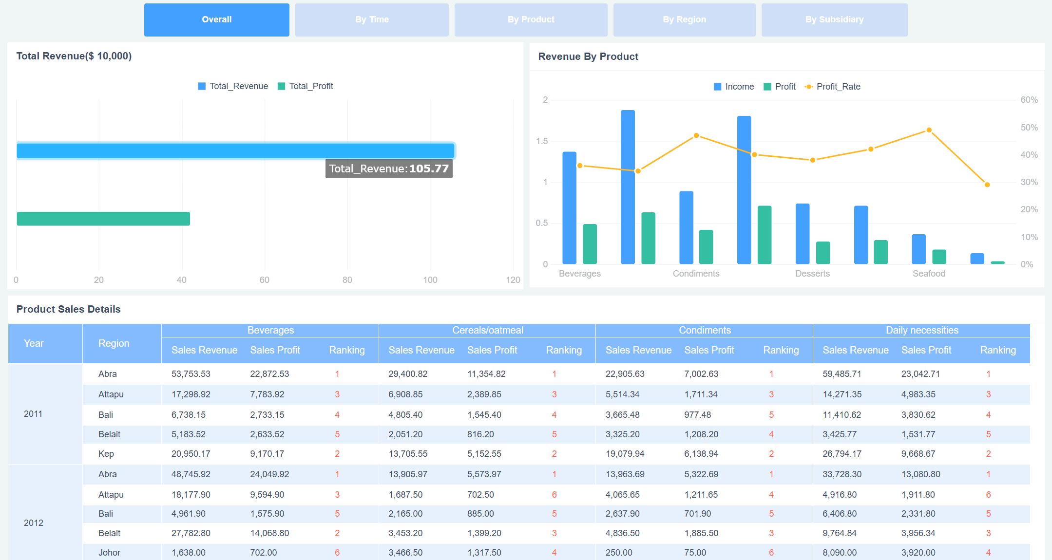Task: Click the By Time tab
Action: click(x=372, y=20)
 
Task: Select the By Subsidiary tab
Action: click(x=834, y=20)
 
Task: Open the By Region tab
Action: click(x=684, y=20)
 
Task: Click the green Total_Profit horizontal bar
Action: click(x=103, y=219)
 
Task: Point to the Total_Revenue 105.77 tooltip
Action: click(x=388, y=169)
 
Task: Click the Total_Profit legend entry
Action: click(x=306, y=86)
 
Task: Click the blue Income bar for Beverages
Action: click(x=569, y=208)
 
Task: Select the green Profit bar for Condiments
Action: click(x=706, y=247)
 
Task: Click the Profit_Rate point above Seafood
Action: click(x=929, y=130)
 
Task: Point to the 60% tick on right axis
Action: click(x=1029, y=100)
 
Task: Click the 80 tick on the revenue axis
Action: click(x=347, y=280)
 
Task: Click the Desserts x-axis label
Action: click(x=812, y=274)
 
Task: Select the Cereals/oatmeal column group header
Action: click(x=487, y=330)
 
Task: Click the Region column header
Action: click(x=114, y=343)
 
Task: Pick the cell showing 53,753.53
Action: click(x=191, y=374)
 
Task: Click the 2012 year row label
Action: click(x=34, y=523)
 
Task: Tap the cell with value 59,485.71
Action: click(x=842, y=374)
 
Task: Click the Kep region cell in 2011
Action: click(x=106, y=454)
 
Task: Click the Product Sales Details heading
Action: click(x=68, y=309)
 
